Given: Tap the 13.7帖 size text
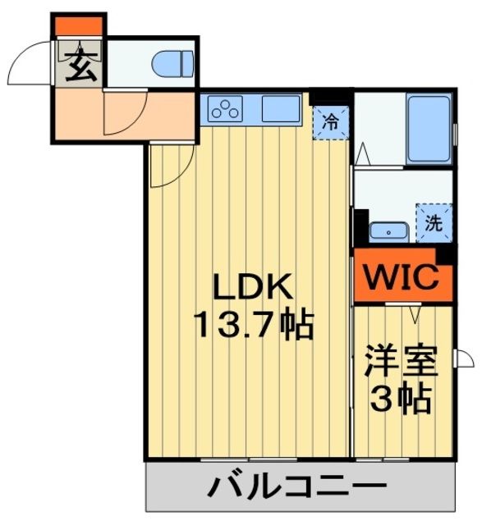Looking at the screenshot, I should click(x=253, y=326).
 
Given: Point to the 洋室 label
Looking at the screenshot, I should click(x=399, y=361).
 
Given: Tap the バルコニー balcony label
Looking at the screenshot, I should click(x=297, y=489).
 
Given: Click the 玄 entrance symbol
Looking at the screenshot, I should click(x=80, y=64).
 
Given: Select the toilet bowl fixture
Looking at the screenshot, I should click(x=173, y=62).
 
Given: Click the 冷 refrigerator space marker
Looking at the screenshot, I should click(x=330, y=124).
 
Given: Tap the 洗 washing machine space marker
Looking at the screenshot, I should click(x=433, y=221).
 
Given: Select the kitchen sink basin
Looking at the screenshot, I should click(x=282, y=107).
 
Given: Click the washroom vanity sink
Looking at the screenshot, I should click(x=384, y=231).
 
